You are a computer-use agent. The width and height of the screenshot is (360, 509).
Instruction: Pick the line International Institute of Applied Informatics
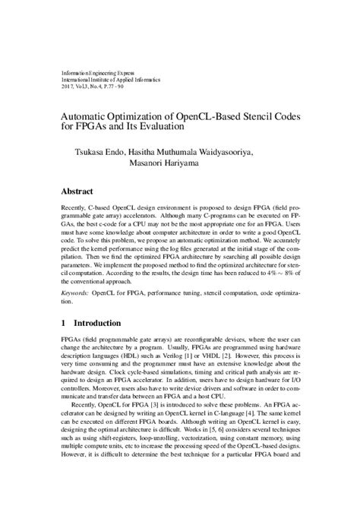click(112, 80)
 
